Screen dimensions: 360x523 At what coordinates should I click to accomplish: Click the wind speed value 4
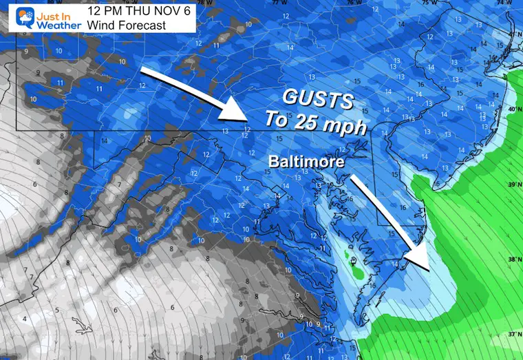tap(25, 319)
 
